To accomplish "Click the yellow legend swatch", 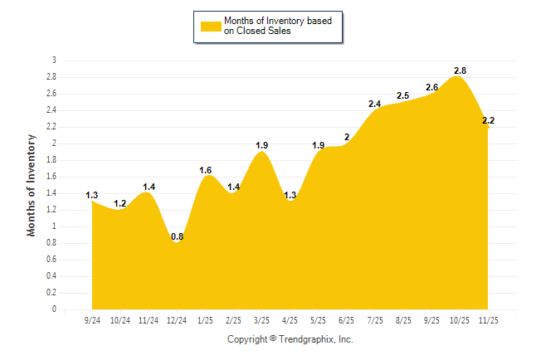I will tap(211, 26).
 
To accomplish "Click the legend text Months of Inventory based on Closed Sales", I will tap(270, 26).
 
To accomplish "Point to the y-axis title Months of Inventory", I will tap(32, 185).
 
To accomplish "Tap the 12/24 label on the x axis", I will tap(177, 319).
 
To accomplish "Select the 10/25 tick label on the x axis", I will tap(459, 319).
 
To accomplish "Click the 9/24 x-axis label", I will tap(92, 319).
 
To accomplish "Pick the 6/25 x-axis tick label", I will tap(346, 319).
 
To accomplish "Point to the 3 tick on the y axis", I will tap(54, 61).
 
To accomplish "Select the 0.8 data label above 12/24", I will tap(177, 236).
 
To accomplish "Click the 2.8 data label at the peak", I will tap(460, 71).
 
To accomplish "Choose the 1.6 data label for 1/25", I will tap(205, 170).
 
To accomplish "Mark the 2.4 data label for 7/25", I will tap(374, 104).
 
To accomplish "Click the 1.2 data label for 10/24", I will tap(119, 203).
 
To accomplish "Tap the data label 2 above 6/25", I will tap(347, 137).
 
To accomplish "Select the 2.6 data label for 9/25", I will tap(431, 87).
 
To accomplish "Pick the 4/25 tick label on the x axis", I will tap(290, 319).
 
